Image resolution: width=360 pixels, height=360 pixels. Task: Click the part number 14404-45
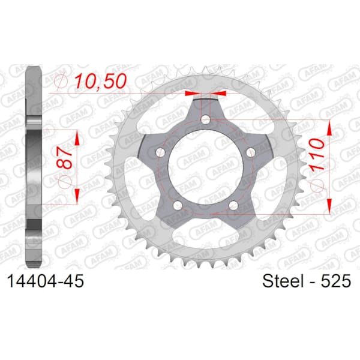(x=46, y=281)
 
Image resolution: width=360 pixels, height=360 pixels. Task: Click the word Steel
(x=283, y=281)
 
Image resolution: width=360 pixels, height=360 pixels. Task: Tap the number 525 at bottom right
(x=335, y=281)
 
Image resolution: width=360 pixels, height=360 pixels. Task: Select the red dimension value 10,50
(x=101, y=81)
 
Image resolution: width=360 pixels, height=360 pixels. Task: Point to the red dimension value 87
(x=65, y=158)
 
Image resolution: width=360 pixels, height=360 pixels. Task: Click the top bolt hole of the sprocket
(x=205, y=119)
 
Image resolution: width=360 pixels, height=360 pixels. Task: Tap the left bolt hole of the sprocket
(x=161, y=152)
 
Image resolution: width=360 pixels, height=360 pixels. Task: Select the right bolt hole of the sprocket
(x=250, y=152)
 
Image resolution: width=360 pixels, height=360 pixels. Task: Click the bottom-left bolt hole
(x=178, y=205)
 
